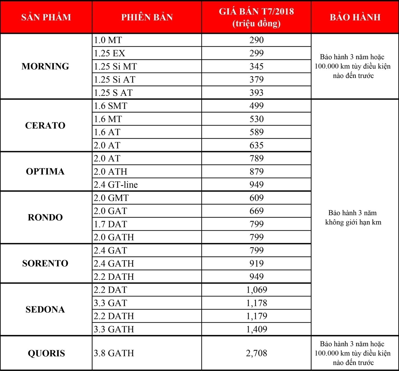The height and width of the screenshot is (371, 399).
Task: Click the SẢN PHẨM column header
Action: click(46, 17)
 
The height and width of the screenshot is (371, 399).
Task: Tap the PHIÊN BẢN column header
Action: click(147, 17)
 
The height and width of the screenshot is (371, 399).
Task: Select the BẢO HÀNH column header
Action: click(355, 17)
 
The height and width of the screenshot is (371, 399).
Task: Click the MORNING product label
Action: click(45, 66)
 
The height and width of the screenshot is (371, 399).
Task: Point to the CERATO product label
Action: click(45, 126)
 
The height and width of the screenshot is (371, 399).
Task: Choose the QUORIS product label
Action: click(46, 353)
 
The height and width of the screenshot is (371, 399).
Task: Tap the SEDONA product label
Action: click(45, 309)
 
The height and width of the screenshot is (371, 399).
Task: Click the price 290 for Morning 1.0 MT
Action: click(256, 40)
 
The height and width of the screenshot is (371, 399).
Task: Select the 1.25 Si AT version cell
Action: click(115, 80)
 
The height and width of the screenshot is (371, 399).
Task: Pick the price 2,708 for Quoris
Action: click(256, 353)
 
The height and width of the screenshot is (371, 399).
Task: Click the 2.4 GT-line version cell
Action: click(116, 185)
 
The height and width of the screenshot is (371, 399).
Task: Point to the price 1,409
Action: click(256, 329)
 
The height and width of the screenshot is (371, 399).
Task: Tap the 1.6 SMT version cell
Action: click(111, 106)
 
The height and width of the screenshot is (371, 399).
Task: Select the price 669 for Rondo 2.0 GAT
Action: click(256, 211)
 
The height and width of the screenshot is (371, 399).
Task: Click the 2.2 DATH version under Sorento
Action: click(114, 277)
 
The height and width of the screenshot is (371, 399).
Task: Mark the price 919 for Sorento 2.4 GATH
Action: click(256, 263)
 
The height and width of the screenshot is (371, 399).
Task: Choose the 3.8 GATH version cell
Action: click(114, 353)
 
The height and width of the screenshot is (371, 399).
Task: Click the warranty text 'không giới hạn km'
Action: click(353, 222)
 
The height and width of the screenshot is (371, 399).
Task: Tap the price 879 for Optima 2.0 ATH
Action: click(256, 172)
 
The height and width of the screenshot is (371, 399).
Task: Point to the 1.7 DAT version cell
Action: click(111, 224)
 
